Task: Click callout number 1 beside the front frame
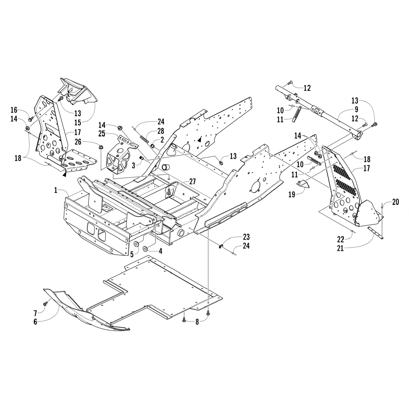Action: [x=56, y=190]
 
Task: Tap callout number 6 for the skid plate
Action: [x=35, y=322]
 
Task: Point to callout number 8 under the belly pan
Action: [x=197, y=322]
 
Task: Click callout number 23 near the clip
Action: [x=246, y=236]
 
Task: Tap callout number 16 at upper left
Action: [x=14, y=110]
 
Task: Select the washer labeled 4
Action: [x=146, y=248]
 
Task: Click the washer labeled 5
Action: [x=136, y=243]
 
